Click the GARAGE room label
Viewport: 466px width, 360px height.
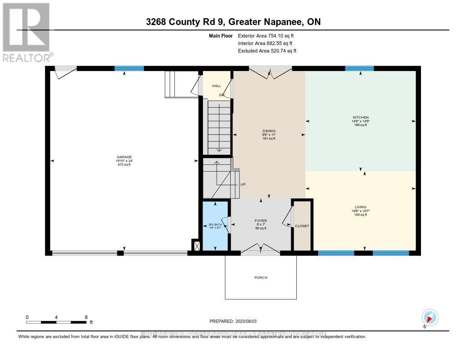(123, 157)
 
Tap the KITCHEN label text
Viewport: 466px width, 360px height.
(360, 117)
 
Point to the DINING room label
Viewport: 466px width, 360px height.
(268, 131)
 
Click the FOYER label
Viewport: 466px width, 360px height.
(261, 221)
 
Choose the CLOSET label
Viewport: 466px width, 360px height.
(302, 226)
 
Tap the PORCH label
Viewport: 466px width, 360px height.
(261, 278)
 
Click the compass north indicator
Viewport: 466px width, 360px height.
(430, 317)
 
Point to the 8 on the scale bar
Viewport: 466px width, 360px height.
(86, 317)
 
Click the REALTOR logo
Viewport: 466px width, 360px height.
(26, 32)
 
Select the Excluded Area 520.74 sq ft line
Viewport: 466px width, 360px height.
(267, 51)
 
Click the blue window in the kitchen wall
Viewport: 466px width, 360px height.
(359, 69)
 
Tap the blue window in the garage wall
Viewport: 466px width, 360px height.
(129, 69)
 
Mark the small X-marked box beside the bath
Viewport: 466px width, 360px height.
(196, 246)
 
